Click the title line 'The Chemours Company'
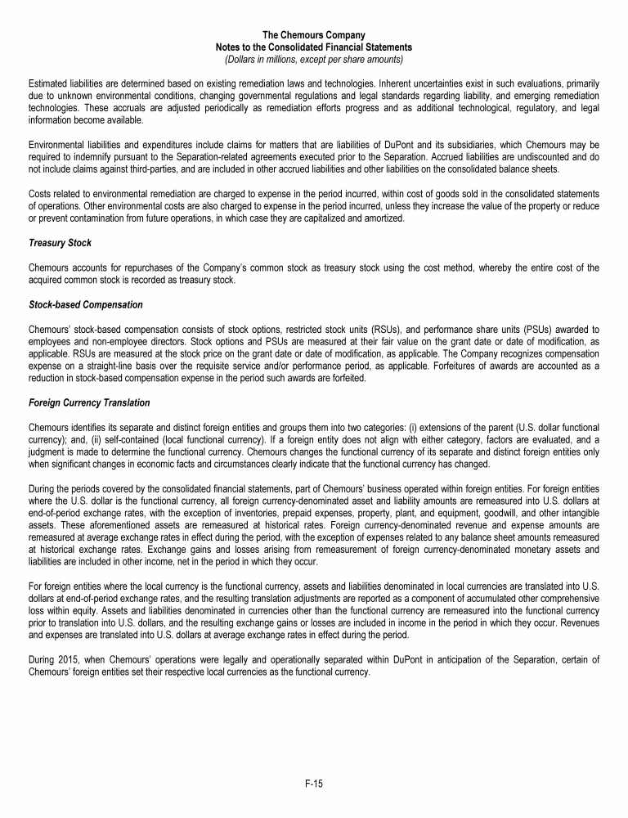coord(314,34)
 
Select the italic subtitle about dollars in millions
coord(314,59)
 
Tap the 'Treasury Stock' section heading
coord(60,244)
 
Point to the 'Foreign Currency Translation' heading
coord(91,403)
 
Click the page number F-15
coord(314,784)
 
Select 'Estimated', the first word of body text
coord(48,83)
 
